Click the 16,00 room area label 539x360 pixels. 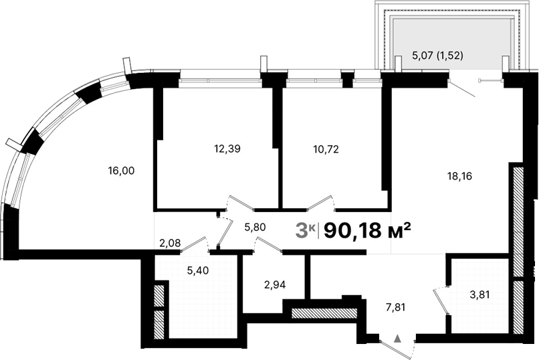pos(121,171)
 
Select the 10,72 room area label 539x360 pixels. pos(326,149)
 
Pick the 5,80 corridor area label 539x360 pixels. pos(255,228)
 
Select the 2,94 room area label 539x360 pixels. pos(276,284)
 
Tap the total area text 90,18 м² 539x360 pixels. pos(366,231)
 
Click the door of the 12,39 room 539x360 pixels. pos(239,203)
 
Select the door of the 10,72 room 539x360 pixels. pos(319,203)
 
